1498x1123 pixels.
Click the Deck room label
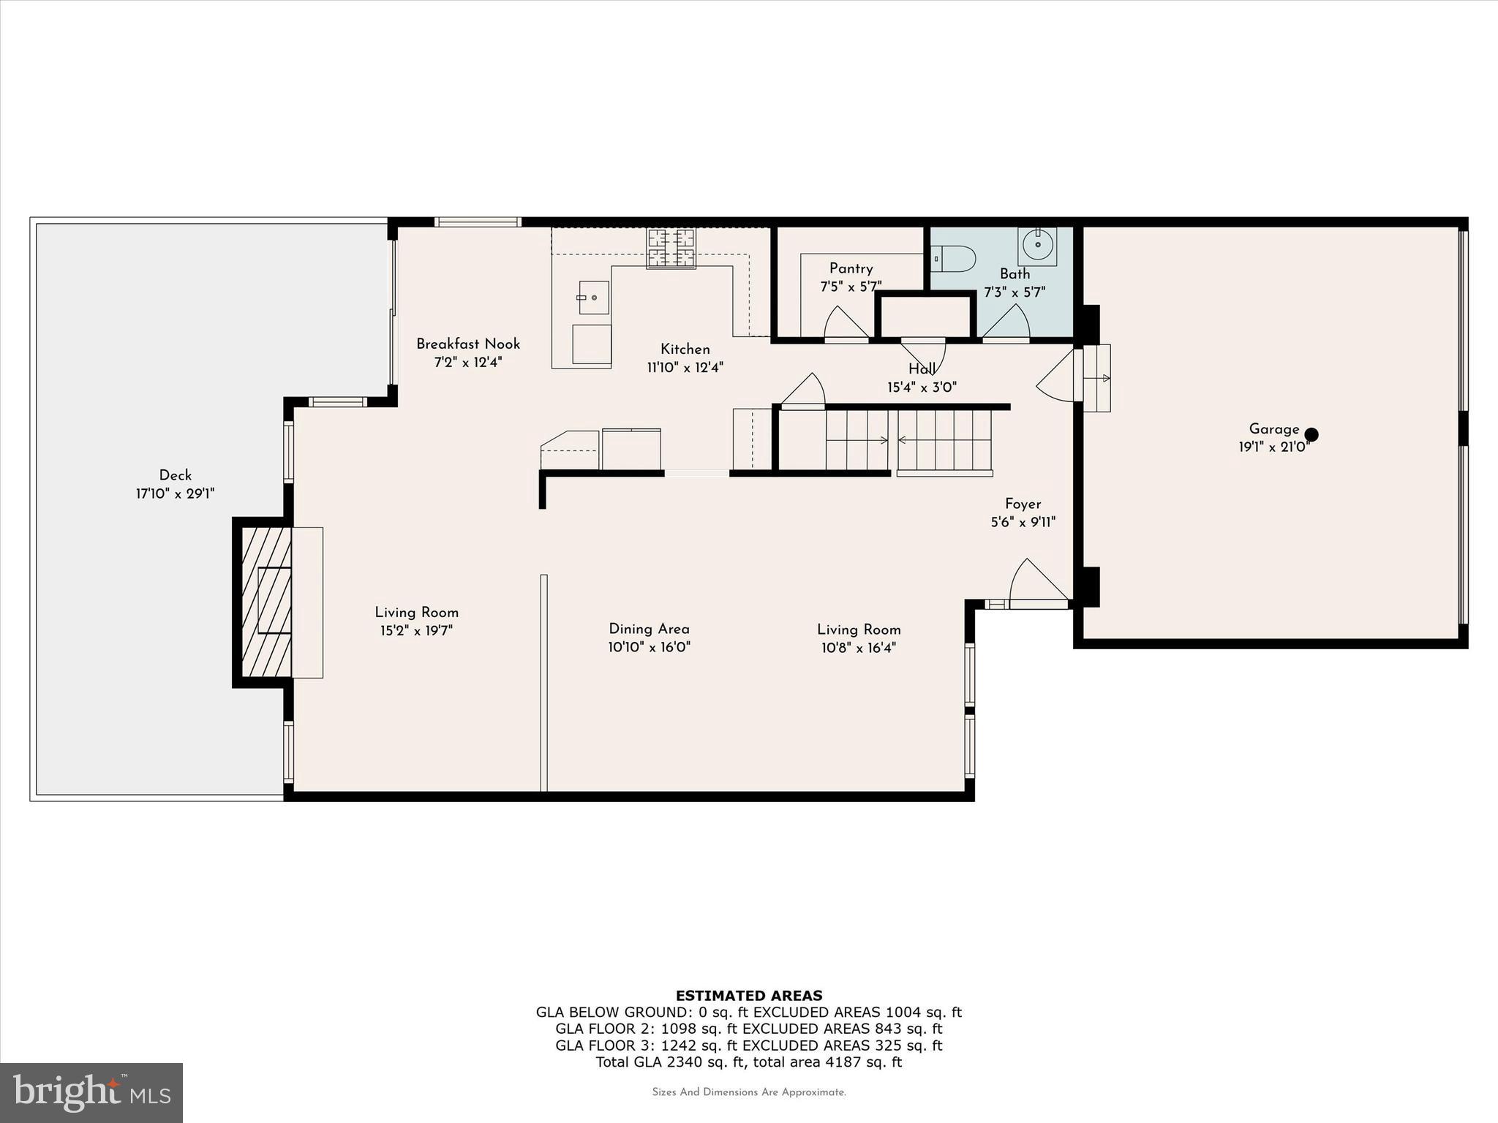pos(176,475)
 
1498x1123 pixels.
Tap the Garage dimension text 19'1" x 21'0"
pos(1273,447)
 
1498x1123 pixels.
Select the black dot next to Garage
pos(1311,434)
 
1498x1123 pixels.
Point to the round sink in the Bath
pos(1037,244)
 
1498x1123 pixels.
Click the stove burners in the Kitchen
pos(671,248)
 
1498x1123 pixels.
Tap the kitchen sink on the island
pos(593,298)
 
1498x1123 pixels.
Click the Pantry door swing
pos(845,323)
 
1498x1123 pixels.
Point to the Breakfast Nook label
pos(468,344)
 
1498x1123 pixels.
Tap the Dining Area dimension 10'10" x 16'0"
pos(649,647)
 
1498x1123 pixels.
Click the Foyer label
pos(1023,504)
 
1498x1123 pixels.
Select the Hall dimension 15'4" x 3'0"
pos(922,387)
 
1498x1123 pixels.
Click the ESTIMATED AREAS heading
pos(749,995)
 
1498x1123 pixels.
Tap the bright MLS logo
pos(91,1092)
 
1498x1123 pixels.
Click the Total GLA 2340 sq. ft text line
pos(749,1062)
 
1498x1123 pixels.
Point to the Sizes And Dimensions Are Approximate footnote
pos(749,1092)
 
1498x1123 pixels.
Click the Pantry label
pos(851,268)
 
